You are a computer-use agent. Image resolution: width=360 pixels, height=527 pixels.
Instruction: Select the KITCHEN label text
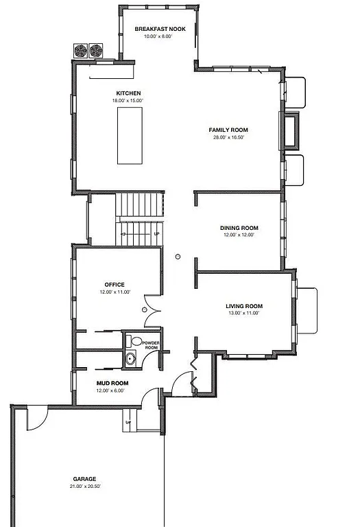[128, 93]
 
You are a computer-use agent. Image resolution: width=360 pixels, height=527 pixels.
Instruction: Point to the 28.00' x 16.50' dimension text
[228, 137]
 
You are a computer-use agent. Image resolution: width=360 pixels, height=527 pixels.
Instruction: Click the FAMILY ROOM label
[228, 130]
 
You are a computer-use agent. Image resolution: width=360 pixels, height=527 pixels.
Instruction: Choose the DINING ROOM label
[239, 228]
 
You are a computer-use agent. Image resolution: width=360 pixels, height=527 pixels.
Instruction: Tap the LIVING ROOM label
[244, 306]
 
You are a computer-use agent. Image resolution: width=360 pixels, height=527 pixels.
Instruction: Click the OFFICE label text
[114, 284]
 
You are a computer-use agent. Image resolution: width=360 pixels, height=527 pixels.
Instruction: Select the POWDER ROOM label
[150, 345]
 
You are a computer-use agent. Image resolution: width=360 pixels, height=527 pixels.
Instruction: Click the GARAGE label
[84, 479]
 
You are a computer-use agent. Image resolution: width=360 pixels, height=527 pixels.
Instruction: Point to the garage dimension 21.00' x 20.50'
[84, 487]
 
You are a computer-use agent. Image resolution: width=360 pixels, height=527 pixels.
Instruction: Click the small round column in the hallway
[178, 257]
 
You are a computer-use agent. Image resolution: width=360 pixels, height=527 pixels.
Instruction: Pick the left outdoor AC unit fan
[80, 51]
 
